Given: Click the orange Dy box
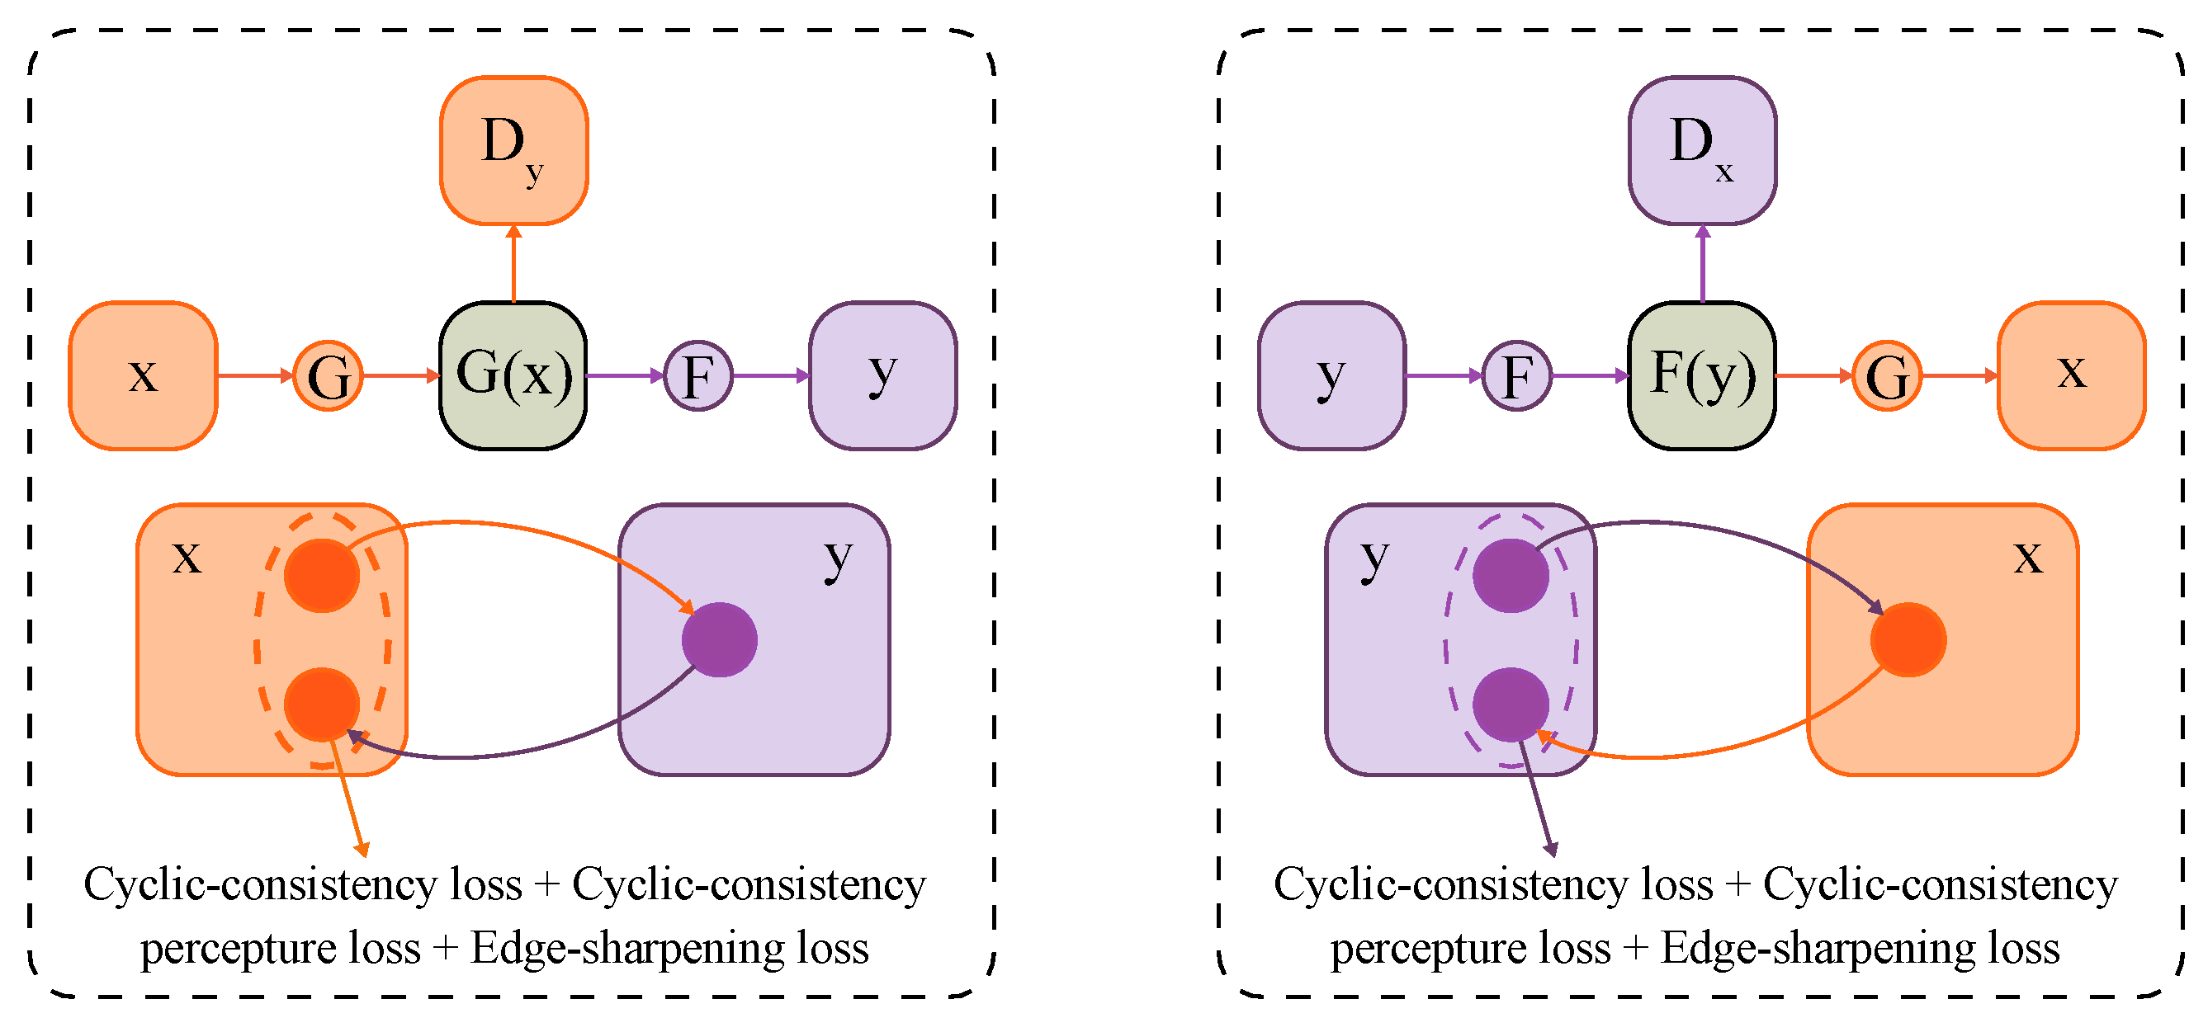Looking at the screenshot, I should click(513, 150).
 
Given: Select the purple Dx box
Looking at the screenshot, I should click(1701, 150).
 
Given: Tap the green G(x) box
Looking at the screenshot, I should click(513, 375).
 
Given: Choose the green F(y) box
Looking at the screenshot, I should click(1701, 375).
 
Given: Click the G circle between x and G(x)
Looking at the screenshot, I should click(329, 375).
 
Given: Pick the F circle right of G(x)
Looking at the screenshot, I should click(697, 375).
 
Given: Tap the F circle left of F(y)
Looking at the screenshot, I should click(1516, 375).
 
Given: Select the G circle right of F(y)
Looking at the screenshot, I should click(1887, 375).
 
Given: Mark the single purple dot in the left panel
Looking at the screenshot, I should click(719, 639).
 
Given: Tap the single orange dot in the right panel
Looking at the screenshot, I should click(1908, 639).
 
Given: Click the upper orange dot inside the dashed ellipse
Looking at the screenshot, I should click(321, 575).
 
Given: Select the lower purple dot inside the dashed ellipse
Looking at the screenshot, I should click(1511, 705).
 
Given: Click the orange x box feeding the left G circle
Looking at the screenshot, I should click(143, 375).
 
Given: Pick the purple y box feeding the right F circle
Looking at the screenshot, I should click(1331, 375).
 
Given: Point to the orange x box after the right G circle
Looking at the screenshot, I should click(2071, 375).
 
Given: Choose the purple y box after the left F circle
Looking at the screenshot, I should click(883, 375).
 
